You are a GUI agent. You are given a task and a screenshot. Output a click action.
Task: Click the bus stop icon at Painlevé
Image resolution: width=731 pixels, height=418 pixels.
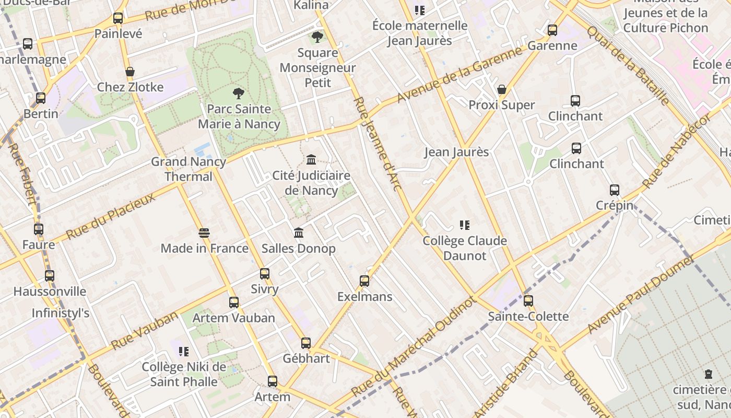(x=118, y=18)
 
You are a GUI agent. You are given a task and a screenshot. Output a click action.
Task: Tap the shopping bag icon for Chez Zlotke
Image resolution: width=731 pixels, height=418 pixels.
(x=130, y=72)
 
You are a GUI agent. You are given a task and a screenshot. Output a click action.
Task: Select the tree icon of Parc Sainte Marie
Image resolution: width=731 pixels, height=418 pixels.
(x=239, y=94)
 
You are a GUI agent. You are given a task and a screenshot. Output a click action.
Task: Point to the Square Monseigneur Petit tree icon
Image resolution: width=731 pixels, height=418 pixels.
(x=317, y=37)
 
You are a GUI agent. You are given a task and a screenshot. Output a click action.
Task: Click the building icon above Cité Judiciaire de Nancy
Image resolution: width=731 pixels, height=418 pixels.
(x=311, y=159)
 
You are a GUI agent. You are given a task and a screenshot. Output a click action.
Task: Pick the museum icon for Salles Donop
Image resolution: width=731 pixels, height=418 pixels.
(x=298, y=233)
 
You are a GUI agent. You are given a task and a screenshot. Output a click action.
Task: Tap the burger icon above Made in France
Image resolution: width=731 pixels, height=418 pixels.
(x=204, y=233)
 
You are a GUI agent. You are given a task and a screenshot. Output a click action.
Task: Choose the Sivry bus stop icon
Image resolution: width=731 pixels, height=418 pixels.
(x=265, y=273)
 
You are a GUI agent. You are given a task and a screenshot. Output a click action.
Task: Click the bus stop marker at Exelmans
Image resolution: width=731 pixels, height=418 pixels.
(x=364, y=281)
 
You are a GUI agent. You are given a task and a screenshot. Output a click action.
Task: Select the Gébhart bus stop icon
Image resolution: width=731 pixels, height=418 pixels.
(x=306, y=343)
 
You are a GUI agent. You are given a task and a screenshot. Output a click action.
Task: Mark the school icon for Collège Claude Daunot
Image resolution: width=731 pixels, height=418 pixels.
(x=464, y=225)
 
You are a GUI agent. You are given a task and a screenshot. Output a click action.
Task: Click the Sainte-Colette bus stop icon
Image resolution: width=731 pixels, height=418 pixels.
(x=528, y=301)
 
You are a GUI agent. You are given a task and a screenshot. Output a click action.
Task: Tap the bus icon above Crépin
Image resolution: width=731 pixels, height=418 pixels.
(x=615, y=190)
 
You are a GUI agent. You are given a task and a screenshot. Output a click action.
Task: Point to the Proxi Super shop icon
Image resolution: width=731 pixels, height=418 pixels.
(x=502, y=90)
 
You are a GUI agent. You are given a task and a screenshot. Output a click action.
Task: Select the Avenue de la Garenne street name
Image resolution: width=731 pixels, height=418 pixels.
(x=459, y=75)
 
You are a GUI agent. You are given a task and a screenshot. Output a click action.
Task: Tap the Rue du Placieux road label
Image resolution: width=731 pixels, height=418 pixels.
(x=111, y=216)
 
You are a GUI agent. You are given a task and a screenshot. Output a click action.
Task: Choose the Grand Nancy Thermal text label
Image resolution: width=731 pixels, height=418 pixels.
(x=188, y=169)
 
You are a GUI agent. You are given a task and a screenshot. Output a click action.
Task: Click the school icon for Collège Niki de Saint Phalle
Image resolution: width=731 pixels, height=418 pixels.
(x=183, y=352)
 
